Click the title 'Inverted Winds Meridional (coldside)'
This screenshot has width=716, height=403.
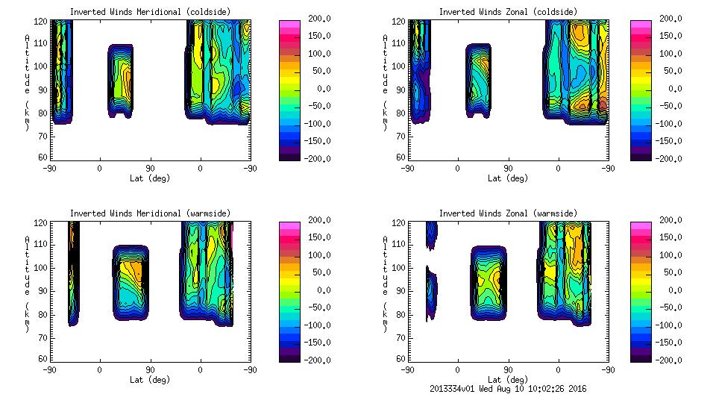pyautogui.click(x=150, y=12)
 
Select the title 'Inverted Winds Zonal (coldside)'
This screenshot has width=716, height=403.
pyautogui.click(x=508, y=12)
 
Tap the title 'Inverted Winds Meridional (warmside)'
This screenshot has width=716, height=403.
pyautogui.click(x=150, y=213)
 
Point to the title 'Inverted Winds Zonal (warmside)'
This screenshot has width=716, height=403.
pyautogui.click(x=508, y=213)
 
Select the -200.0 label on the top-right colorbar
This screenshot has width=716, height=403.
pyautogui.click(x=669, y=158)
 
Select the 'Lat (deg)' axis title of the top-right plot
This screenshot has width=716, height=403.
pyautogui.click(x=505, y=178)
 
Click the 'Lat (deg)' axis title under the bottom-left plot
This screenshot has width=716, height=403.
pyautogui.click(x=147, y=380)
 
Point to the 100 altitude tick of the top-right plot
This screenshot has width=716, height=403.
pyautogui.click(x=400, y=66)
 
